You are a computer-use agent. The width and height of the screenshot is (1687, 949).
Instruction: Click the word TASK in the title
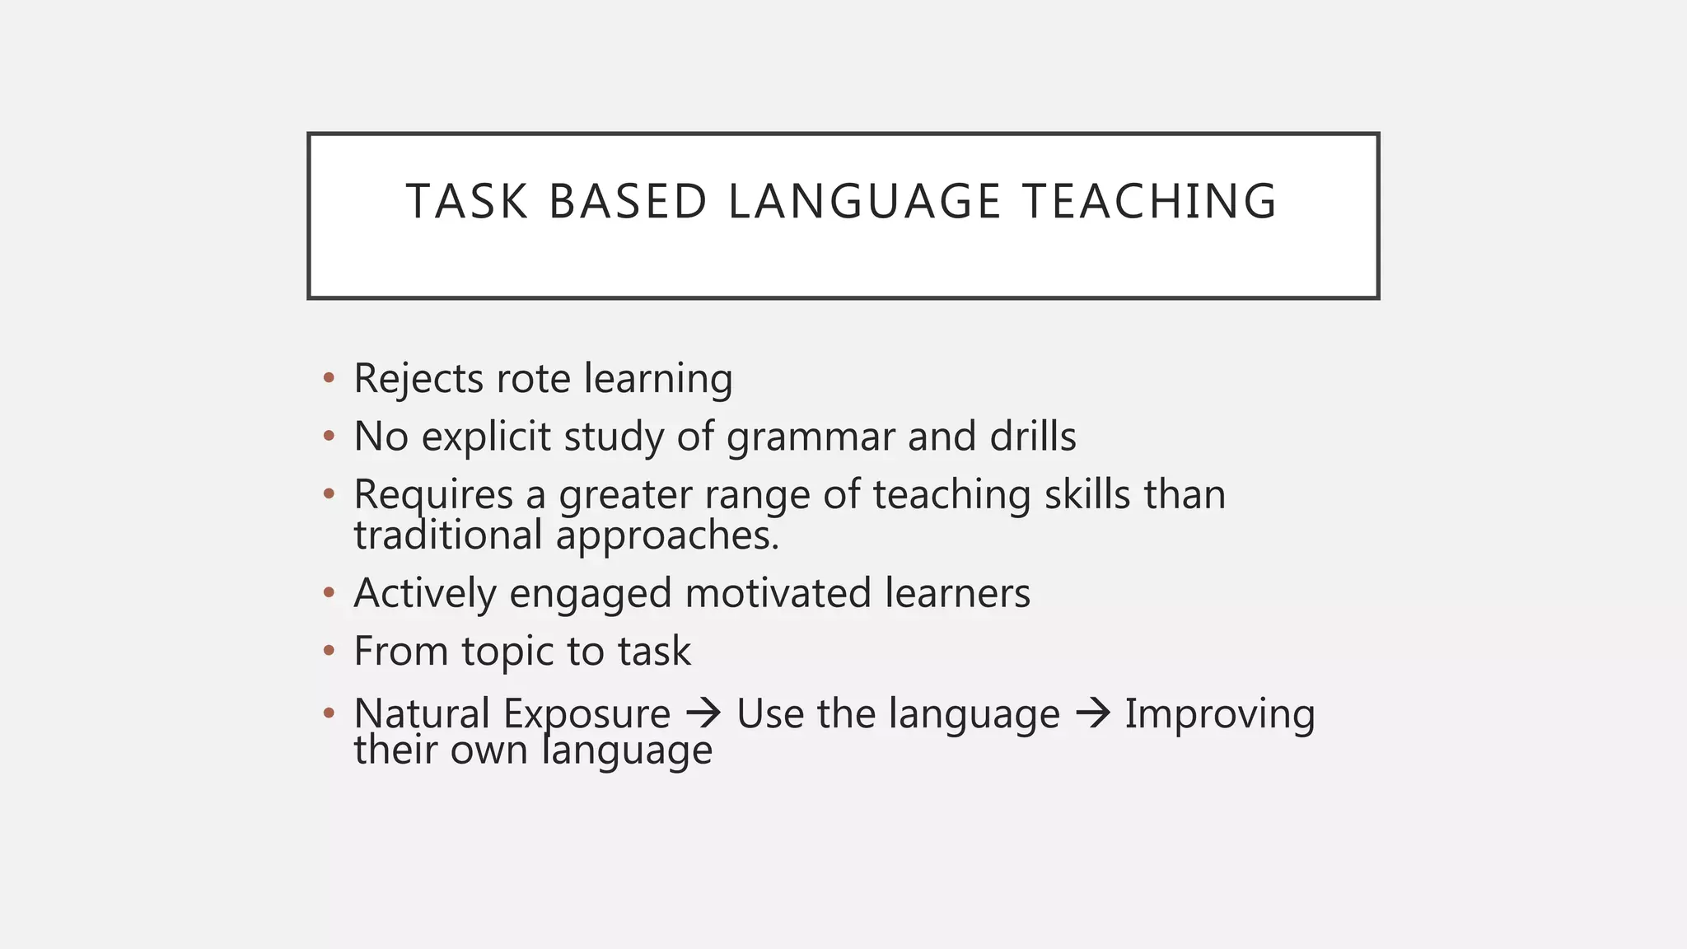(x=466, y=202)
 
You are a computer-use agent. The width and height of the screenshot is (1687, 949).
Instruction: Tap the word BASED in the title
(x=628, y=202)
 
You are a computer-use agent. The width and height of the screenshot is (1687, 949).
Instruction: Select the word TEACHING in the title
(x=1150, y=202)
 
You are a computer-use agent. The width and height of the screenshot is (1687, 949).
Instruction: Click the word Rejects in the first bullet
(x=418, y=380)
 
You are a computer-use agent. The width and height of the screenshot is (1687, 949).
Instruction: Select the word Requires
(x=433, y=496)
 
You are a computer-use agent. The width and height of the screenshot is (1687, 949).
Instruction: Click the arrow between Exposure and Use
(x=703, y=713)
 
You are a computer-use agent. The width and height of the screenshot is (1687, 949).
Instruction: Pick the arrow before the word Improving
(x=1092, y=713)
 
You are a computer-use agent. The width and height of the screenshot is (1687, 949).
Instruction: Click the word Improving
(x=1220, y=714)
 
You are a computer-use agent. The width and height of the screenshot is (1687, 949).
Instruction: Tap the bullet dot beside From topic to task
(x=329, y=651)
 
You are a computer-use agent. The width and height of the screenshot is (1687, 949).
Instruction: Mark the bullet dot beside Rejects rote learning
(x=329, y=378)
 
